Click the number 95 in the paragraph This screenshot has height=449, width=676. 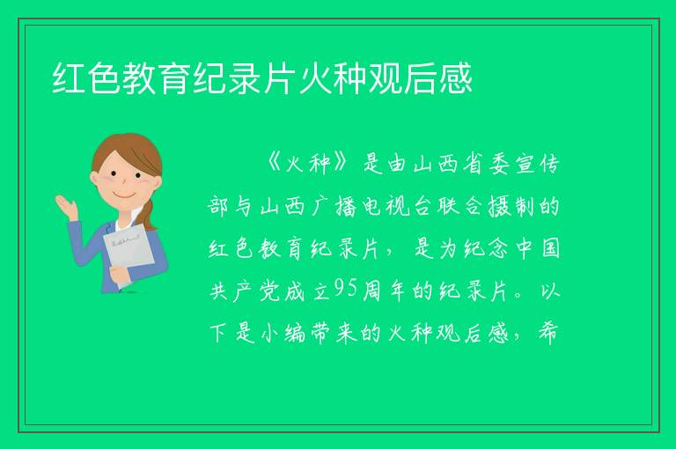coord(346,289)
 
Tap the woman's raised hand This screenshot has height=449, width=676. coord(66,207)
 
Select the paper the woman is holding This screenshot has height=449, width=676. coord(129,254)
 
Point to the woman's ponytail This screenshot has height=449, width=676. coord(149,215)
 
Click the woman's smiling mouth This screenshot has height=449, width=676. coord(123,195)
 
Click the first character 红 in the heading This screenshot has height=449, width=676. coord(69,78)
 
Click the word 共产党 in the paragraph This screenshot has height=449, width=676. coord(245,291)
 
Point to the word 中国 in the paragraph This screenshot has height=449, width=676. coord(539,249)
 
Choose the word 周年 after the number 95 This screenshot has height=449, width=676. coord(383,291)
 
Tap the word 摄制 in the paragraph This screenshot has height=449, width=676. coord(511,207)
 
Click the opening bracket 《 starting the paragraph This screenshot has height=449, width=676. coord(274,163)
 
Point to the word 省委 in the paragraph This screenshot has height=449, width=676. coord(486,164)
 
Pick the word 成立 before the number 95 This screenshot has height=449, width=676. coord(307,291)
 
